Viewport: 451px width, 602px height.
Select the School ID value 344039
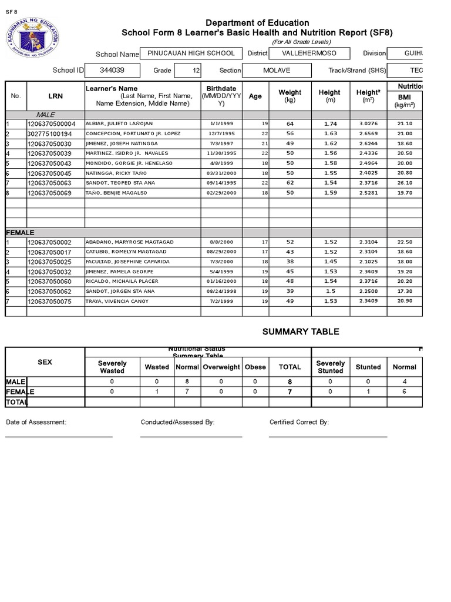[x=112, y=70]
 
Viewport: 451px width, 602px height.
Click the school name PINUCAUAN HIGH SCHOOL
[x=191, y=53]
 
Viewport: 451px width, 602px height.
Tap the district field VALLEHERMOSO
[x=309, y=53]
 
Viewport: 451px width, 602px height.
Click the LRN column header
[x=56, y=96]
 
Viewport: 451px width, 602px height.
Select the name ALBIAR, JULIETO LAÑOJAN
[x=119, y=124]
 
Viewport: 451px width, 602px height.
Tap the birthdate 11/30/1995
[x=221, y=153]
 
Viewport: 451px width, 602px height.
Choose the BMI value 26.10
[x=405, y=183]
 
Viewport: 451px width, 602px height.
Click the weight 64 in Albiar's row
[x=290, y=124]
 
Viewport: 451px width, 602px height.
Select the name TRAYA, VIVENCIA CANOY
[x=117, y=302]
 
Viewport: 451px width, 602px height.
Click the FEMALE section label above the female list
[x=20, y=233]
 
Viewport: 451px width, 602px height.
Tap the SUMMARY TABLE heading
[x=300, y=332]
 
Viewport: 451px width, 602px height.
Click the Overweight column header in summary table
[x=221, y=367]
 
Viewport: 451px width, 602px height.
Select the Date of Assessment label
[x=36, y=422]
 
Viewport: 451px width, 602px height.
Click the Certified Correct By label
[x=299, y=422]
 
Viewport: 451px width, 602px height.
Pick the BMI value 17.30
[x=405, y=292]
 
